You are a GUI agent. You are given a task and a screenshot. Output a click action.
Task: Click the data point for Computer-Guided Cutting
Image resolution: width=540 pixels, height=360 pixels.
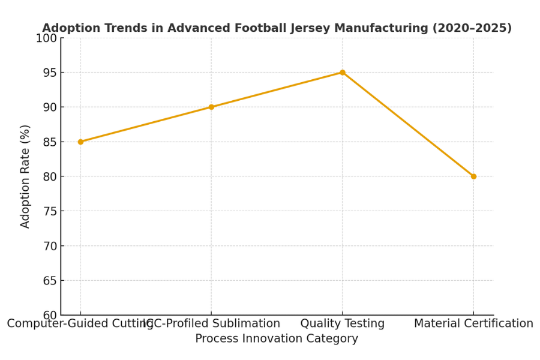coord(80,142)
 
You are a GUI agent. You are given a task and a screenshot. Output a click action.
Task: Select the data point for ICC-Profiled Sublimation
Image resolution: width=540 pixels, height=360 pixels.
coord(211,107)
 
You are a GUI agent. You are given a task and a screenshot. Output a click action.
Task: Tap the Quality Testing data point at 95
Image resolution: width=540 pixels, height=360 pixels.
coord(342,73)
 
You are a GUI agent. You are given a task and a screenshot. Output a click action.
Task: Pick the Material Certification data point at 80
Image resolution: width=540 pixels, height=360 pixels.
coord(473,176)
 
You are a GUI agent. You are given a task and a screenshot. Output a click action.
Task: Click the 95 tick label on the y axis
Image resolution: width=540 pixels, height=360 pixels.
coord(50,73)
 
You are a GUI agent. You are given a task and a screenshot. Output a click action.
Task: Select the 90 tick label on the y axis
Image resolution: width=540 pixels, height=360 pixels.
coord(50,107)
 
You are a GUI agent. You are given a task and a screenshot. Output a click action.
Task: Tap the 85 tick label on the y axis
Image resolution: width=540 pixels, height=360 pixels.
coord(50,142)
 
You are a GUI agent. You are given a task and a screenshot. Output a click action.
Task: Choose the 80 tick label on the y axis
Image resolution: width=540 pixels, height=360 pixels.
coord(50,176)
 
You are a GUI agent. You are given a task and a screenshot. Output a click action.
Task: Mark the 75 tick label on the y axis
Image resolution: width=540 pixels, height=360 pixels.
coord(50,211)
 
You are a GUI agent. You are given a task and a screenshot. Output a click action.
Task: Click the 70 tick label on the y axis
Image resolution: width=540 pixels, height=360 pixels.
coord(50,246)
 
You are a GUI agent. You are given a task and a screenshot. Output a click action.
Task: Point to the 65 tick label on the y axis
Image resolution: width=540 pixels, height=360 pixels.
coord(50,281)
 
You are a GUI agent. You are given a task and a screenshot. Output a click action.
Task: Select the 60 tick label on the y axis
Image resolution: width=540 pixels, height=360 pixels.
coord(50,315)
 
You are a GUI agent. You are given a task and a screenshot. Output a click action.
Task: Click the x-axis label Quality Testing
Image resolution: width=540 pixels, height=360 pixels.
coord(342,323)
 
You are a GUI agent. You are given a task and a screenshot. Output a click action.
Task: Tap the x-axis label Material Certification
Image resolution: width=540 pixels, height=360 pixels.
coord(473,323)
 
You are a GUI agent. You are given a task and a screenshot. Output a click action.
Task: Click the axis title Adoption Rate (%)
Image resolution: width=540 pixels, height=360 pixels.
coord(25,176)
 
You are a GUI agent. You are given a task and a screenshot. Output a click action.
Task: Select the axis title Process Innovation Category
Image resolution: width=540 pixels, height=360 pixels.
coord(277,338)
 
